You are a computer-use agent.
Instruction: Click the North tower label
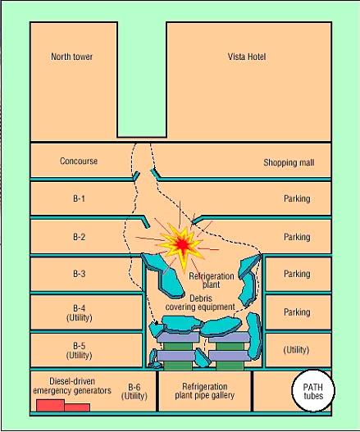pyautogui.click(x=71, y=57)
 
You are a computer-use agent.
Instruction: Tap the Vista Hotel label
pyautogui.click(x=247, y=57)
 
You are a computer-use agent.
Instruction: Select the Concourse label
pyautogui.click(x=79, y=161)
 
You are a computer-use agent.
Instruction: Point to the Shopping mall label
pyautogui.click(x=289, y=163)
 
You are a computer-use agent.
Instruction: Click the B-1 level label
pyautogui.click(x=79, y=198)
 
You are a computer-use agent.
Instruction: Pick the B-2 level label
pyautogui.click(x=79, y=237)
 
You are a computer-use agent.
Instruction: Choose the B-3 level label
pyautogui.click(x=79, y=274)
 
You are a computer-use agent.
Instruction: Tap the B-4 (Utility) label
pyautogui.click(x=79, y=312)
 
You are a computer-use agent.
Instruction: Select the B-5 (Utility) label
pyautogui.click(x=79, y=350)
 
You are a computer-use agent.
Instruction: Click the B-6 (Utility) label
pyautogui.click(x=134, y=392)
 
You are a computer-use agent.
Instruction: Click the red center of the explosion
pyautogui.click(x=182, y=244)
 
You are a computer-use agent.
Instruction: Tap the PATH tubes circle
pyautogui.click(x=313, y=390)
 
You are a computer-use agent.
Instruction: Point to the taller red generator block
pyautogui.click(x=51, y=405)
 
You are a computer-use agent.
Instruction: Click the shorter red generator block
pyautogui.click(x=77, y=407)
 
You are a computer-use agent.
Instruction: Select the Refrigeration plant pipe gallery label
pyautogui.click(x=205, y=391)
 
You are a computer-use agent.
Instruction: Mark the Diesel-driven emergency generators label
pyautogui.click(x=72, y=386)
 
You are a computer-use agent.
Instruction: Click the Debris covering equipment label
pyautogui.click(x=200, y=302)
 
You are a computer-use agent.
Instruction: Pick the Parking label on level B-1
pyautogui.click(x=297, y=198)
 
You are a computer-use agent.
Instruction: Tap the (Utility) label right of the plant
pyautogui.click(x=296, y=350)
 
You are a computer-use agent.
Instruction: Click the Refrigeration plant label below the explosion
pyautogui.click(x=212, y=280)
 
